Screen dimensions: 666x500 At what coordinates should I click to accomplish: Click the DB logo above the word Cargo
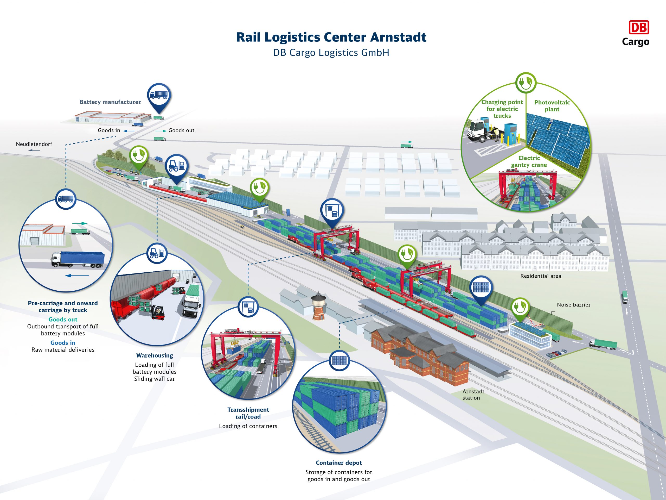(639, 27)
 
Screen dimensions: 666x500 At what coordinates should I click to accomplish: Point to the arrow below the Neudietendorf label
(34, 150)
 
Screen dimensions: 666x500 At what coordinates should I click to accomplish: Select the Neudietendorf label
(34, 144)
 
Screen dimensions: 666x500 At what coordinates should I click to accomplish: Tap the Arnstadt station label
(473, 395)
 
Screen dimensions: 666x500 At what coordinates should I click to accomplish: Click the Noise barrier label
(574, 305)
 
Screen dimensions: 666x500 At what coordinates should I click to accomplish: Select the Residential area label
(541, 276)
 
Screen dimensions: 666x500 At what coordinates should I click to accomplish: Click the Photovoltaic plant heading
(552, 106)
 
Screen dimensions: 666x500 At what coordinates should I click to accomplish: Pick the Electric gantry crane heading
(529, 161)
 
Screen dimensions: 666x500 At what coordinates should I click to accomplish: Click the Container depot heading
(339, 463)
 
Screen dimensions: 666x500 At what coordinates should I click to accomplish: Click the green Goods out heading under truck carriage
(63, 320)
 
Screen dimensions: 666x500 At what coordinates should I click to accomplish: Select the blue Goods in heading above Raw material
(63, 343)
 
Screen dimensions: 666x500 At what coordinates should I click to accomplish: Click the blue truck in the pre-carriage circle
(78, 259)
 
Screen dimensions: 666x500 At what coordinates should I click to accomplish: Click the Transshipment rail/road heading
(248, 413)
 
